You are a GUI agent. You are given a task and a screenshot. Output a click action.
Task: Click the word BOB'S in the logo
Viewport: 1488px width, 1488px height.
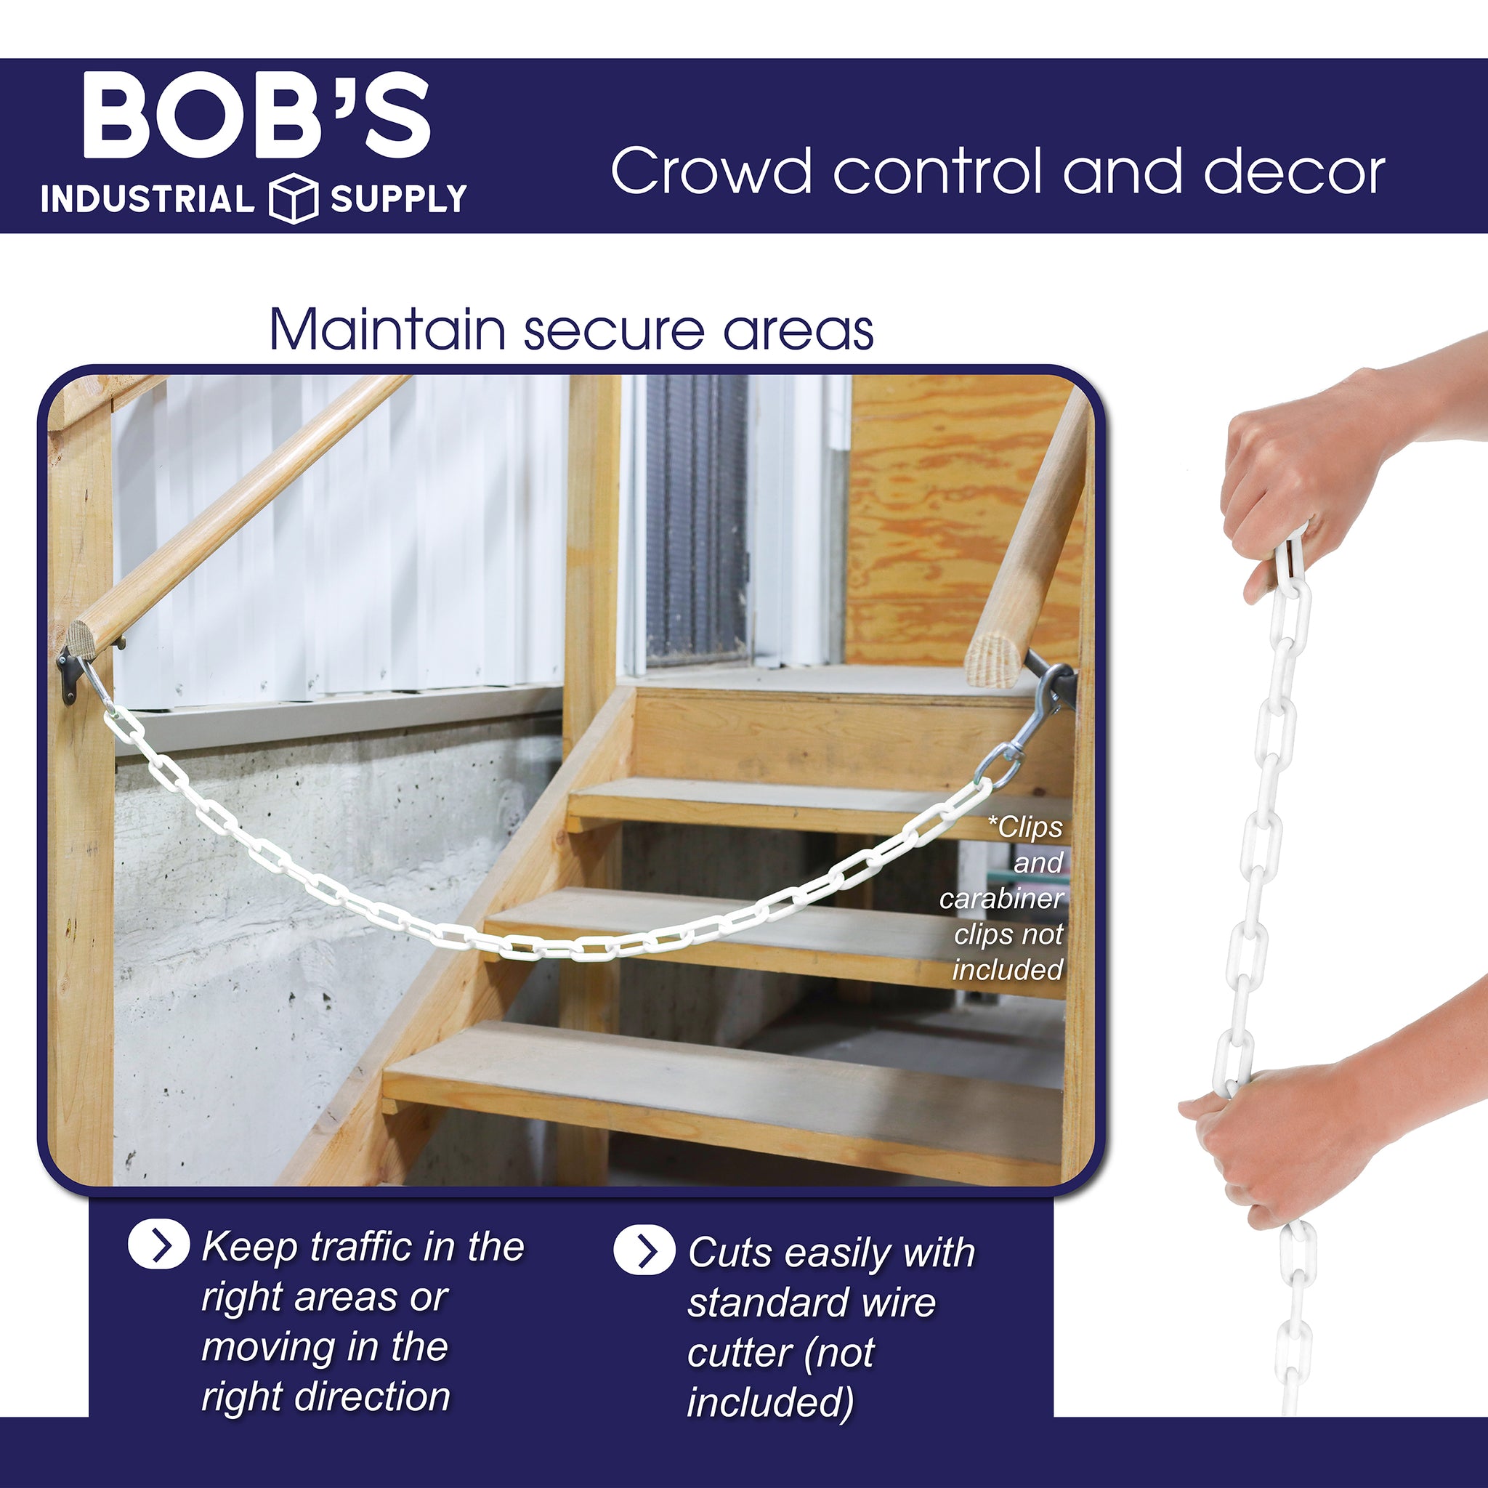pos(256,116)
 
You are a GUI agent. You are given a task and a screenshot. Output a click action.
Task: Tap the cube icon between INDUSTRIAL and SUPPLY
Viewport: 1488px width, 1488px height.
pos(294,198)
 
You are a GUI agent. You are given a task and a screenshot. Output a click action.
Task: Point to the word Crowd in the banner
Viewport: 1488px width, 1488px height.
pos(711,170)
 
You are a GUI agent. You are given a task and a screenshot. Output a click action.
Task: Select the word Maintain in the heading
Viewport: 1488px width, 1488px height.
pos(387,330)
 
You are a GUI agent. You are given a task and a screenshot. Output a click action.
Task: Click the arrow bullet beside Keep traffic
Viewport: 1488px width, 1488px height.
pos(158,1245)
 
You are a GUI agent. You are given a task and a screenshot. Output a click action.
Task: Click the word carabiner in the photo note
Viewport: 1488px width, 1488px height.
pos(1000,898)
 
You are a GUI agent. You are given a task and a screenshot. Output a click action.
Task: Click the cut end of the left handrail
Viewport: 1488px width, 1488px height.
pos(78,637)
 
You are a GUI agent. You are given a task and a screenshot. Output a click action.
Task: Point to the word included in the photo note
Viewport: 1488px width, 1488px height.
pos(1008,970)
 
